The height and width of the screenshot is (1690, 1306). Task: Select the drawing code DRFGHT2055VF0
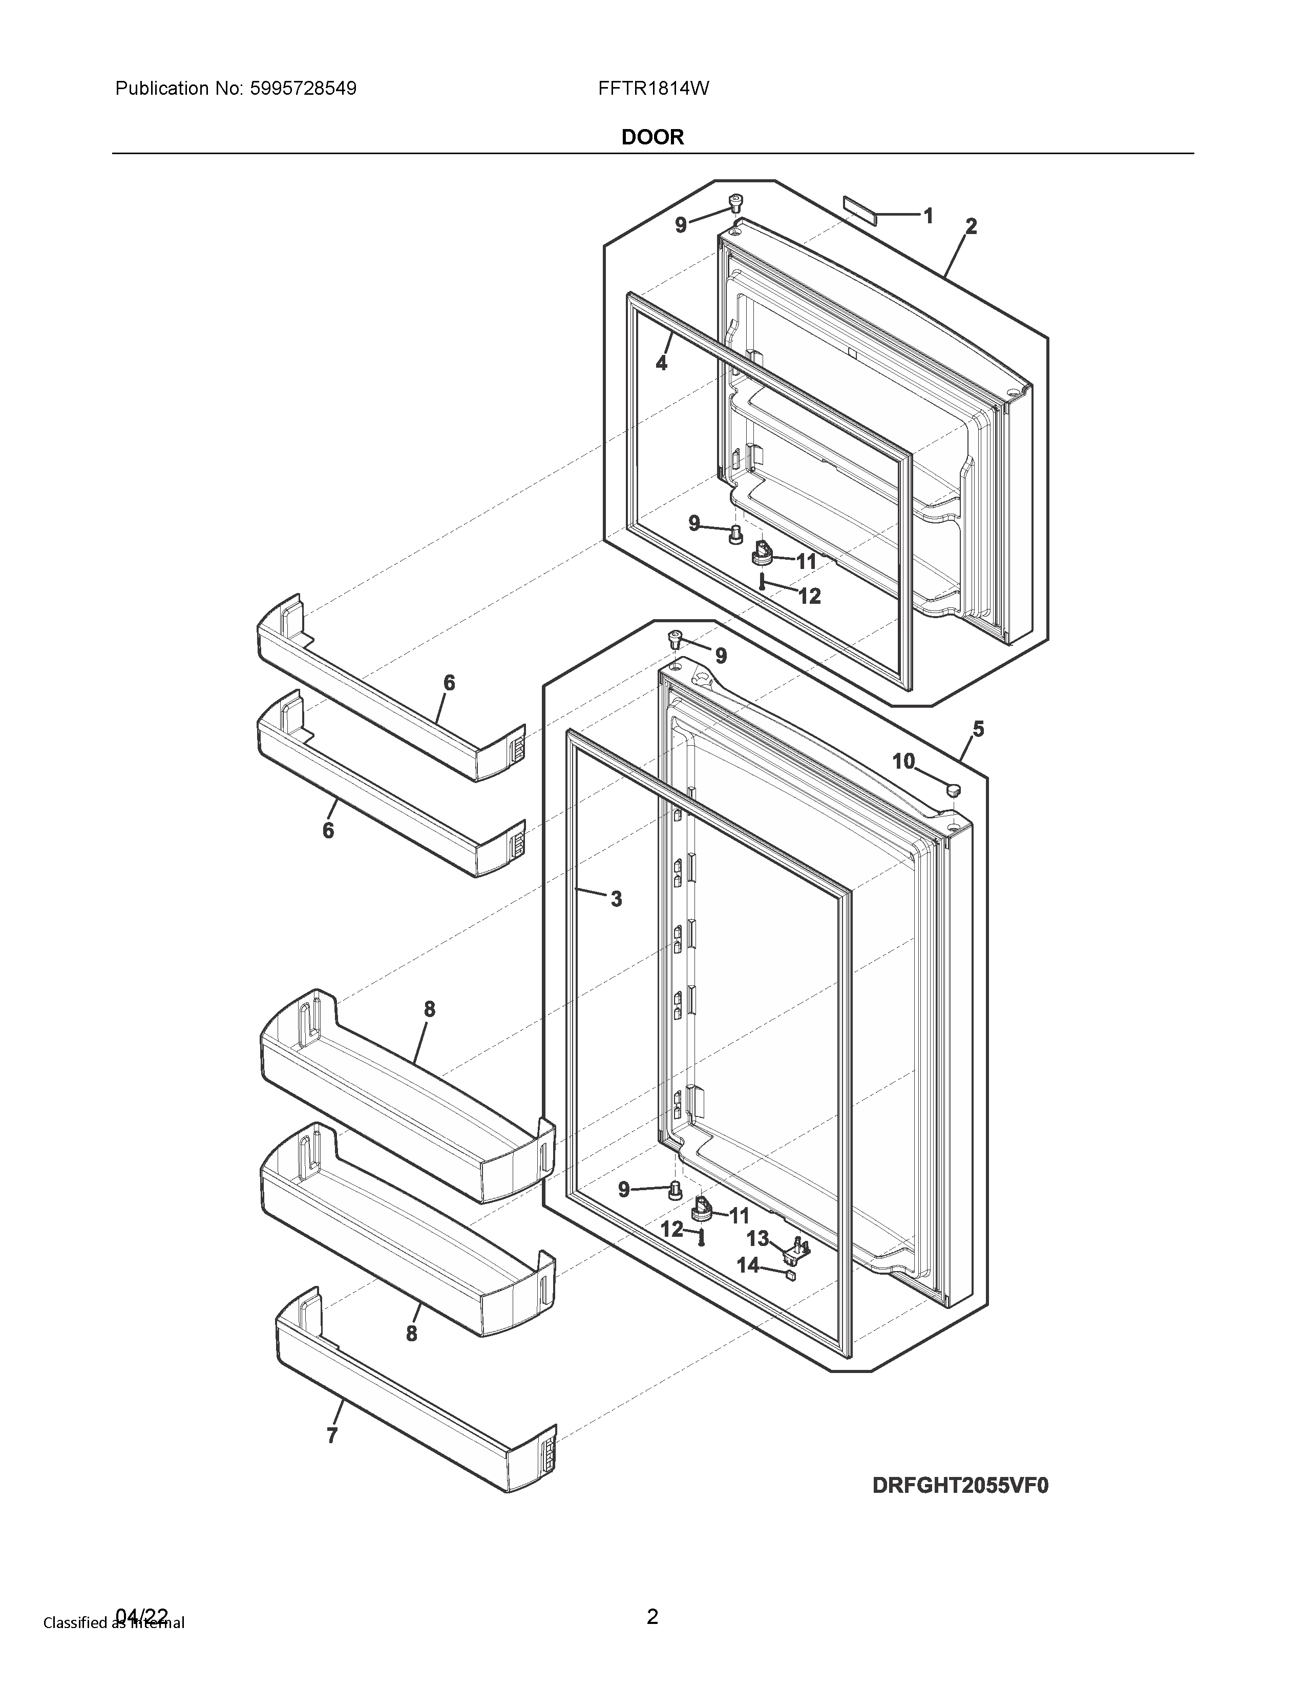960,1485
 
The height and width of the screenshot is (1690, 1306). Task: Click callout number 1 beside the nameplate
928,216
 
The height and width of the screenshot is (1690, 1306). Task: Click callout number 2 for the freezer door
971,227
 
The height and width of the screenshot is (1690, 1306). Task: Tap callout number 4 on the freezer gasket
662,363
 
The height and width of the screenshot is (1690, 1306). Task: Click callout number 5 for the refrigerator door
978,729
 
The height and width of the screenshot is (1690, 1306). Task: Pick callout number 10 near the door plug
903,762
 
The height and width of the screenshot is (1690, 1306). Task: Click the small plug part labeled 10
953,789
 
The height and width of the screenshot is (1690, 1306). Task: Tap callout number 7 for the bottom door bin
332,1435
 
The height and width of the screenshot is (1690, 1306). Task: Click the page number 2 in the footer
652,1616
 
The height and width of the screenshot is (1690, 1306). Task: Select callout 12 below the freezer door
809,596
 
